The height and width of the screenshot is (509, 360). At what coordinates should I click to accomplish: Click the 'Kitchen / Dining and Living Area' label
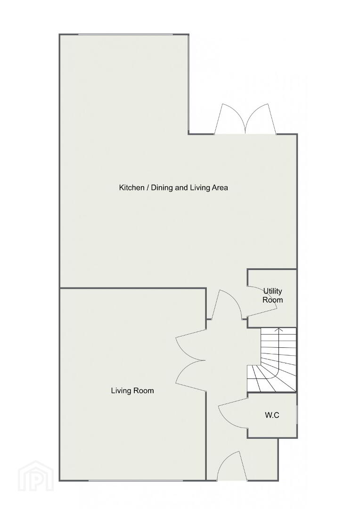pos(173,188)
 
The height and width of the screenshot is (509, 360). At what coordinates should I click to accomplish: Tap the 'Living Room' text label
pos(132,391)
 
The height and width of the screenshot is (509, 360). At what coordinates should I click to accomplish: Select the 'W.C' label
pos(272,415)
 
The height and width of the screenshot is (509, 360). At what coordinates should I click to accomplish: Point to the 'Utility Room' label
pos(273,296)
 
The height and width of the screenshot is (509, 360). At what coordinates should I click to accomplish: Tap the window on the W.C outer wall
pos(297,414)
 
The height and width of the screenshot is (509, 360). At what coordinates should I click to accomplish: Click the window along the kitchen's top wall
pos(125,34)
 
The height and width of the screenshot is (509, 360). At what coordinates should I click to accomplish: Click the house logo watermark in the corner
pos(36,476)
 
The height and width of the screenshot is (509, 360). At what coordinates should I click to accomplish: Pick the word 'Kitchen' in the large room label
pos(132,188)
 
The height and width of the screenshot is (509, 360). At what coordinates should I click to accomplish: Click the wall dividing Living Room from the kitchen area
pos(133,288)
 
